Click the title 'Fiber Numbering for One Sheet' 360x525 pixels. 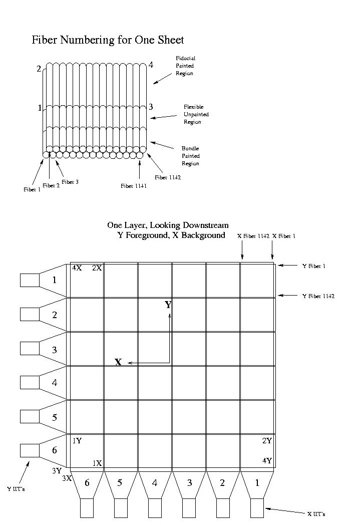(x=108, y=40)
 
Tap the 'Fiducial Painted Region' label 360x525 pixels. (x=185, y=66)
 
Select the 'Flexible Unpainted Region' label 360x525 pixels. (x=196, y=114)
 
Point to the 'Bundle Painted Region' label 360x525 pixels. (x=190, y=156)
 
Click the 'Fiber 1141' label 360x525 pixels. (x=134, y=186)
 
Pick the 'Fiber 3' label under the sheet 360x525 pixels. (x=70, y=182)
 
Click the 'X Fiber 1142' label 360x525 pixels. (x=253, y=236)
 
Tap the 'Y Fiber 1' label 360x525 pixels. (x=314, y=266)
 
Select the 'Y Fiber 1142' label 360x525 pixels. (x=318, y=296)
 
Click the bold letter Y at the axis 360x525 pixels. (x=168, y=305)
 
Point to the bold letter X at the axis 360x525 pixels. (x=118, y=362)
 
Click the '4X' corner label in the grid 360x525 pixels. (x=77, y=268)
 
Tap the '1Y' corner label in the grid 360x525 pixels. (x=77, y=441)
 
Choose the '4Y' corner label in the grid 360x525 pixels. (x=267, y=461)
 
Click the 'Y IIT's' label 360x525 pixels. (x=16, y=489)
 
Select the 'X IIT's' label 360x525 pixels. (x=316, y=514)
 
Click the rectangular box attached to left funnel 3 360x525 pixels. (x=30, y=348)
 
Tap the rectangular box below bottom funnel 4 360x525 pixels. (x=155, y=508)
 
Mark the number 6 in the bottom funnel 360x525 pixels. (x=87, y=482)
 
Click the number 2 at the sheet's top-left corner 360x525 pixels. (x=39, y=69)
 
